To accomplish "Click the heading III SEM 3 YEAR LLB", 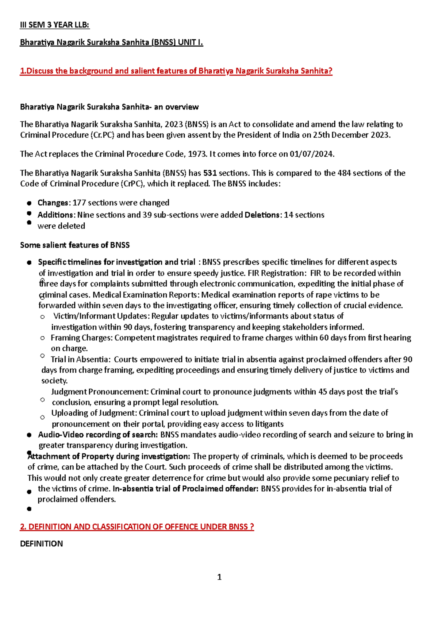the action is [x=54, y=25].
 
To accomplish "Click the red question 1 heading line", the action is [x=176, y=71].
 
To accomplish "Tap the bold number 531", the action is [x=210, y=173].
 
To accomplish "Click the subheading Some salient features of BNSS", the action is [x=75, y=245].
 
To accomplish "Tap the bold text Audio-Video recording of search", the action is [x=97, y=435].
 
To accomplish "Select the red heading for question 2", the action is [x=137, y=527].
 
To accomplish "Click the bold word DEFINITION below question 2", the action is [x=41, y=544].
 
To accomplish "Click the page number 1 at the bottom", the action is [x=219, y=577].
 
